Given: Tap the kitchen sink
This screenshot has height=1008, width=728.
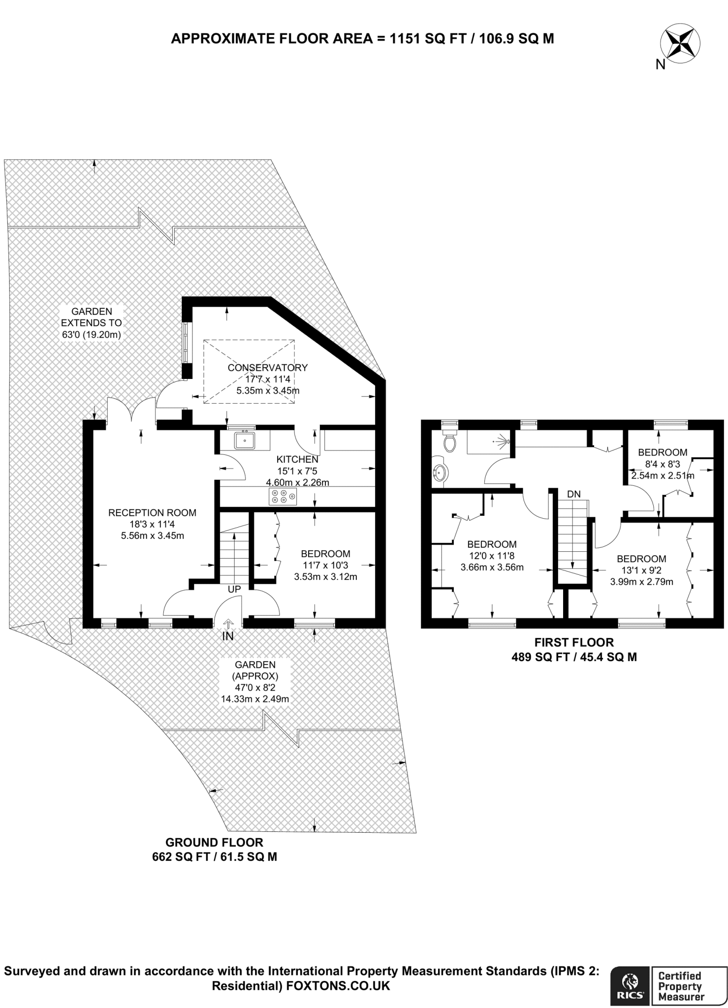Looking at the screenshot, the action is click(245, 440).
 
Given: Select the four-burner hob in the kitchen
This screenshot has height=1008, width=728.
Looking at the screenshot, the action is click(283, 496).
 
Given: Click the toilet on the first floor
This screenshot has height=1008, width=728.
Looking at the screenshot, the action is click(449, 441).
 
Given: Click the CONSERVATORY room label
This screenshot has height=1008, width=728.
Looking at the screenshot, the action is click(268, 368).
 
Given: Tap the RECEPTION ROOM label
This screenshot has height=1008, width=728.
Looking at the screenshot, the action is click(152, 512).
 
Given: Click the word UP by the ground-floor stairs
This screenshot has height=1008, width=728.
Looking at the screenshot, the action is click(234, 589).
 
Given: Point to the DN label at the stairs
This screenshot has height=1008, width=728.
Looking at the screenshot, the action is click(573, 494).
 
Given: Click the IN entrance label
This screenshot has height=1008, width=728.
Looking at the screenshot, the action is click(228, 636).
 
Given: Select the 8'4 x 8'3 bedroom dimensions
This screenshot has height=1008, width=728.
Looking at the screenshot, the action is click(662, 464).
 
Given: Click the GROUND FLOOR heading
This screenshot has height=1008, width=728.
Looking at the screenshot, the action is click(214, 842).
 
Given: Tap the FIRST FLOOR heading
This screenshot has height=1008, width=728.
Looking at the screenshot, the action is click(574, 642).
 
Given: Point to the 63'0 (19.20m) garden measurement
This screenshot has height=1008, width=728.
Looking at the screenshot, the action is click(92, 335).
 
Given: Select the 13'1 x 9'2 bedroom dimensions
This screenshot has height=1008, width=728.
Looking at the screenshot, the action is click(641, 570).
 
